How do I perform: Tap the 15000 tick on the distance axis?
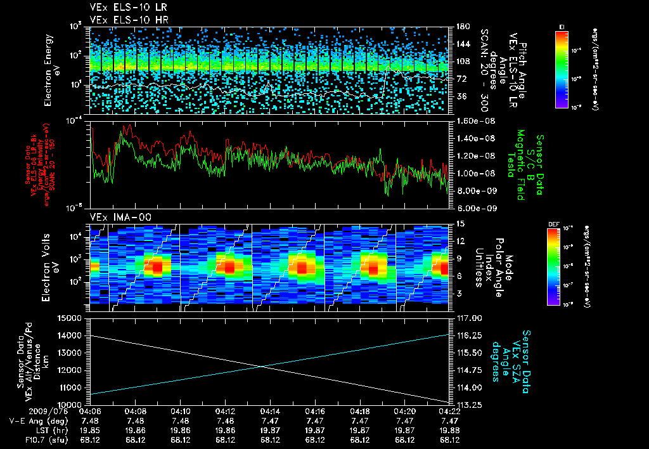[72, 318]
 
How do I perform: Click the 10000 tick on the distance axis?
[72, 404]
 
